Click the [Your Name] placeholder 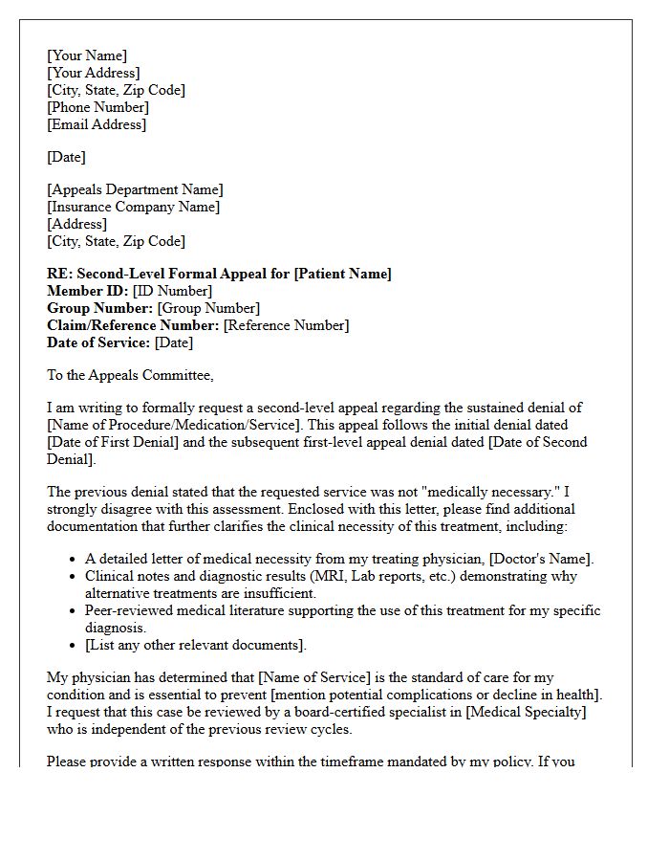[x=87, y=55]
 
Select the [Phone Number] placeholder [x=97, y=107]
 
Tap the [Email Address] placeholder [x=97, y=124]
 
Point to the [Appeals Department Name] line [x=135, y=189]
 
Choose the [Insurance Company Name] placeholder [x=133, y=207]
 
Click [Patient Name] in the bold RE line [x=342, y=274]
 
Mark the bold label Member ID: [x=88, y=291]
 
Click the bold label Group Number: [x=99, y=308]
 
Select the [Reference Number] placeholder [x=286, y=325]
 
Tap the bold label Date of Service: [x=98, y=342]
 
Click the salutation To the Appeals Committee [x=130, y=375]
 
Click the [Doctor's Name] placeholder [x=541, y=559]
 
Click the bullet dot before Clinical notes [x=74, y=577]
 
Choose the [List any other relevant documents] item [x=196, y=645]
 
